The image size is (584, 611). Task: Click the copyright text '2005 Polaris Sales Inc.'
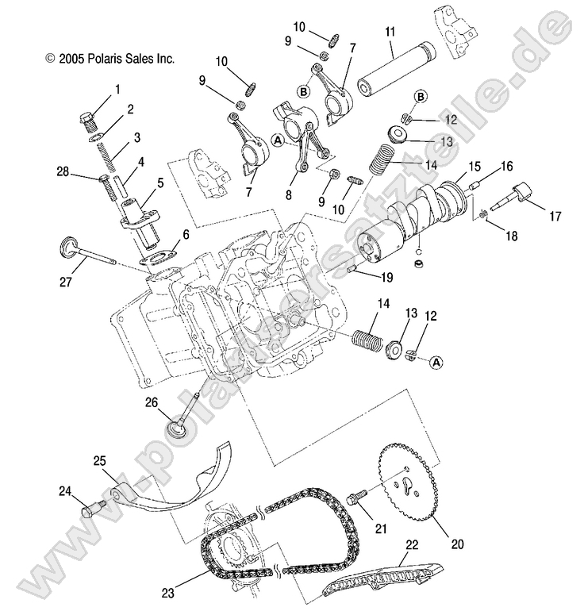pyautogui.click(x=110, y=59)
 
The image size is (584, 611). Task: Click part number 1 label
pyautogui.click(x=119, y=90)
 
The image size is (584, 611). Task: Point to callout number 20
pyautogui.click(x=458, y=544)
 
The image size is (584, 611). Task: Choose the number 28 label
pyautogui.click(x=63, y=171)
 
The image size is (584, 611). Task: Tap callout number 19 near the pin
pyautogui.click(x=386, y=277)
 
